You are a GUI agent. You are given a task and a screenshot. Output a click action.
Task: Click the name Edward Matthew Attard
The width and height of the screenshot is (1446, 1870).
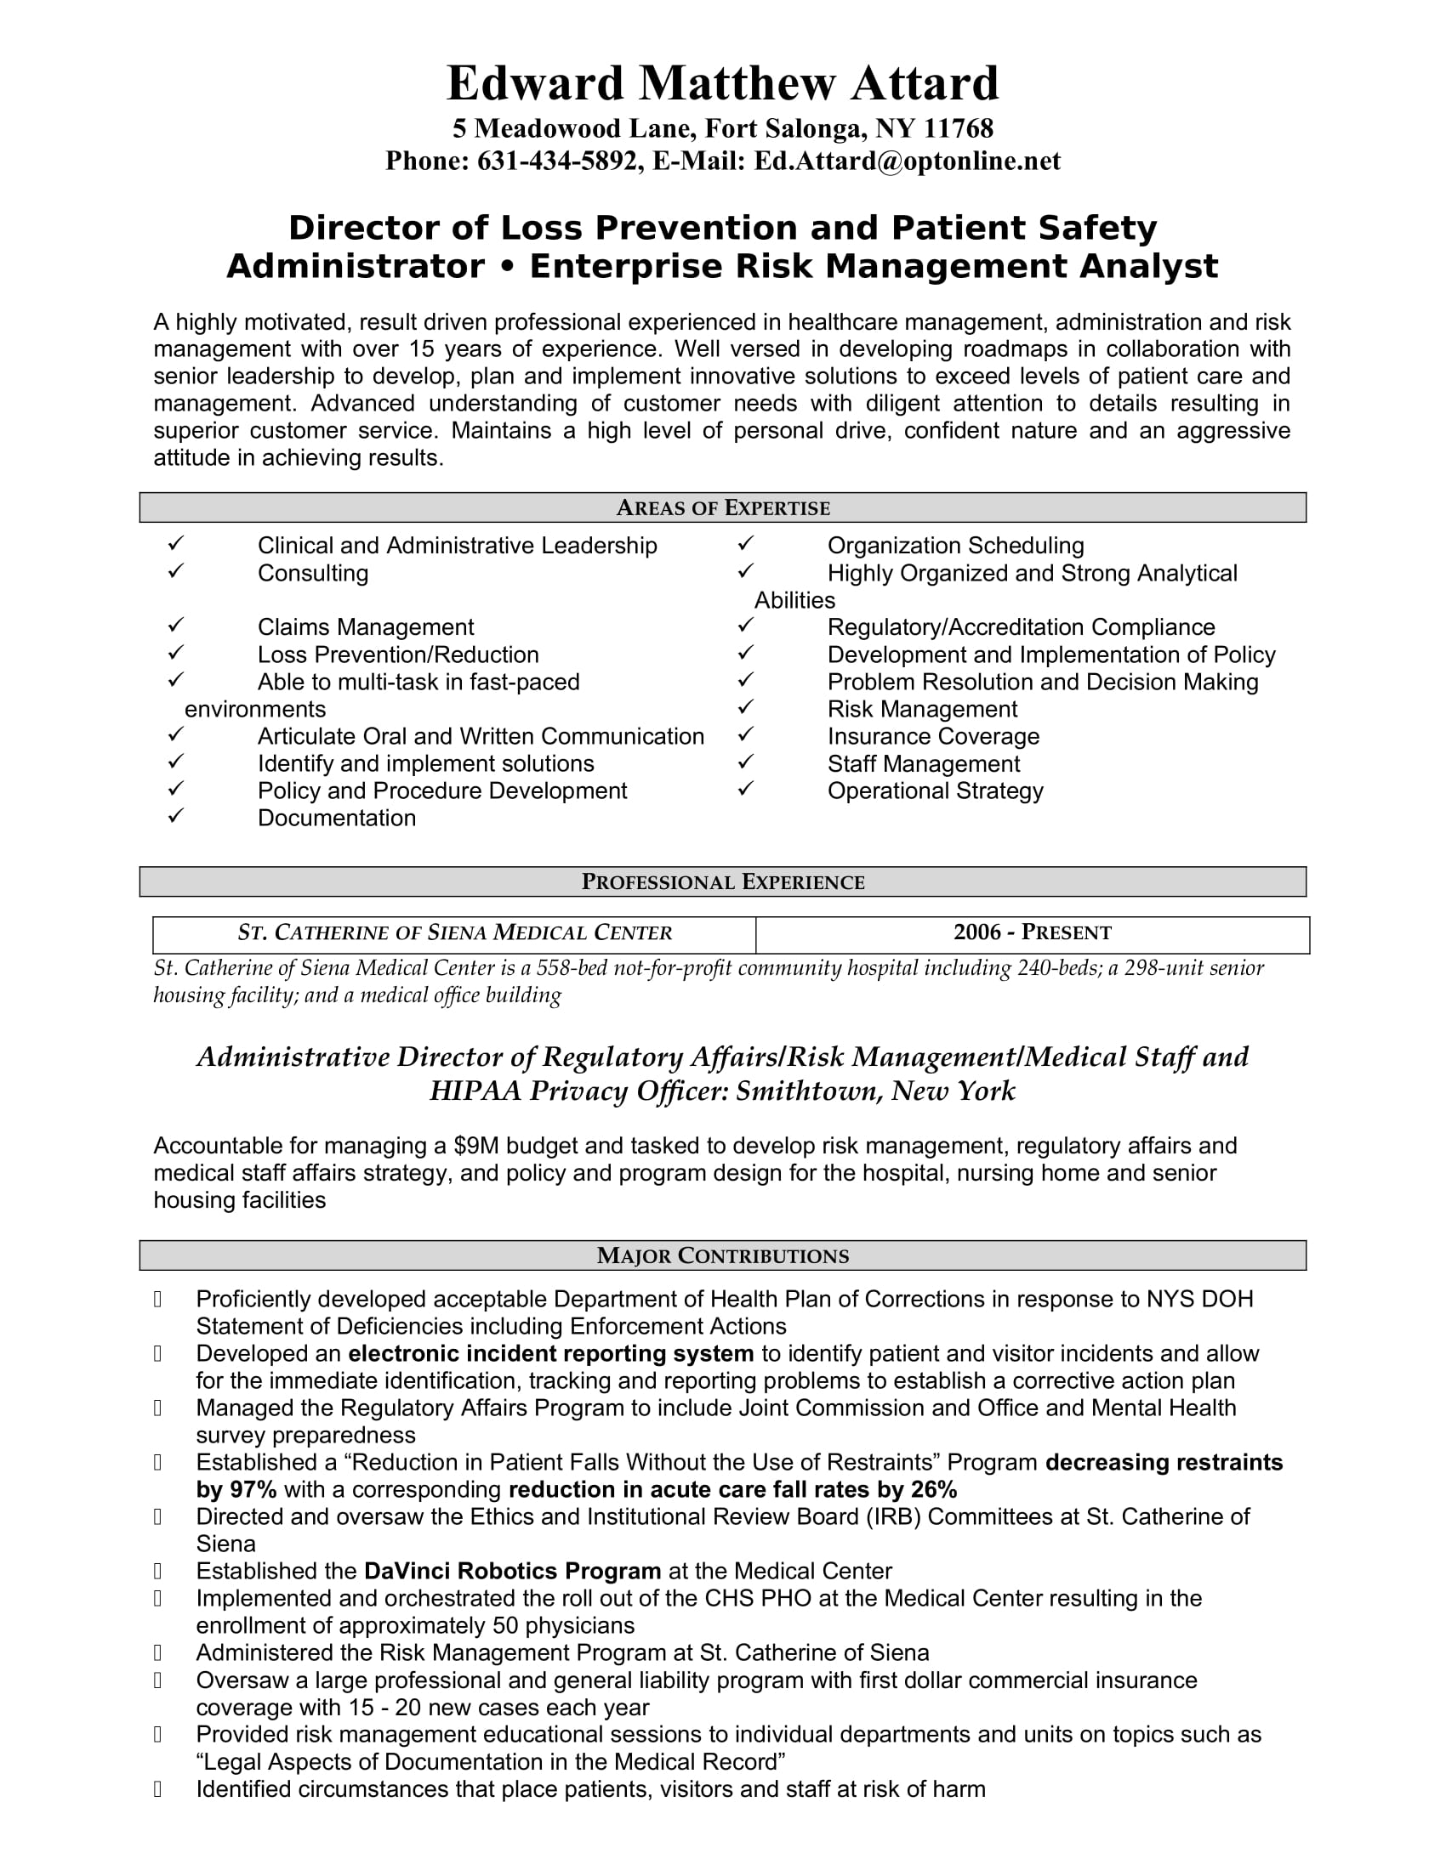[722, 84]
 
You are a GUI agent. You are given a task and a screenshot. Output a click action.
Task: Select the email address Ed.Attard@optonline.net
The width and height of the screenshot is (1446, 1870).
[907, 161]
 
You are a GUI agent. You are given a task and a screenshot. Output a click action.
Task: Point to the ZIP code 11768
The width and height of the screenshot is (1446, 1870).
[959, 128]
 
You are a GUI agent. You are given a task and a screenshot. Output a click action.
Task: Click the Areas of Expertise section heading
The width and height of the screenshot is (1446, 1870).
[722, 507]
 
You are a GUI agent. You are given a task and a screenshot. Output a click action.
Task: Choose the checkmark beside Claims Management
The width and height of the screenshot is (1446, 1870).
[175, 626]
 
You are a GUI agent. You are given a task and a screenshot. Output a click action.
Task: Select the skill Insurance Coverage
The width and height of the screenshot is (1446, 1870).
[933, 736]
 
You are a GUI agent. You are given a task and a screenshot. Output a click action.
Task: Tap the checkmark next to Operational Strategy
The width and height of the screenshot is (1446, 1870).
[745, 789]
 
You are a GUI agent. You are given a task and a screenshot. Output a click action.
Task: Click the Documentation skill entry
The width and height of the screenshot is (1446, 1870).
[337, 818]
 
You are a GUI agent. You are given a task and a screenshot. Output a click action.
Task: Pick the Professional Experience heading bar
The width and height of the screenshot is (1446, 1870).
[722, 882]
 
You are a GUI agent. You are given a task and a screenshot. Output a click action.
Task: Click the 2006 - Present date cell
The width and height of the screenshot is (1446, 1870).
[1033, 932]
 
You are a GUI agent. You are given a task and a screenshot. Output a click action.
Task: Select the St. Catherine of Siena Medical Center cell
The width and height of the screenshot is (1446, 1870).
[454, 932]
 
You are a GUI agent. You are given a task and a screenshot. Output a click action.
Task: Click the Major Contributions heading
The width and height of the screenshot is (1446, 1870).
[722, 1256]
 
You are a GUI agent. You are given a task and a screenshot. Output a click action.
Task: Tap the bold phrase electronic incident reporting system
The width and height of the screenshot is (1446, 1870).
[551, 1354]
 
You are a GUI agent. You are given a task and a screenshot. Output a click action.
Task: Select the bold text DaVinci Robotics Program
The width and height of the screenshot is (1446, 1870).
[512, 1571]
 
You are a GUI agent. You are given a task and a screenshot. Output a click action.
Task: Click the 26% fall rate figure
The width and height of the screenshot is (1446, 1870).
[935, 1490]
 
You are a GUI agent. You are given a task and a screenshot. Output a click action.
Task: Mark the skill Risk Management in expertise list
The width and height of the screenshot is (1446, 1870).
[922, 709]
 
